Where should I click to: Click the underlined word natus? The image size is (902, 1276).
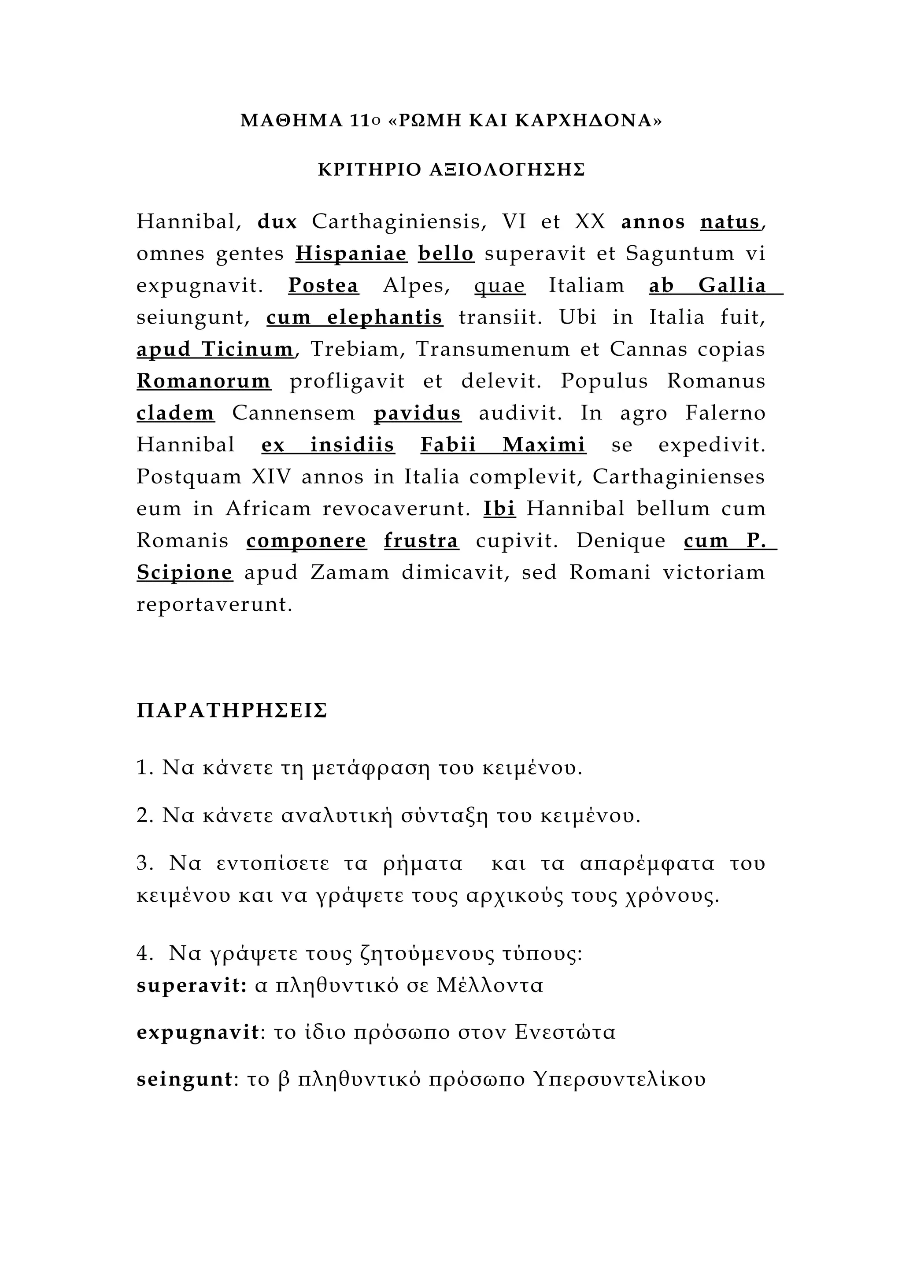tap(730, 222)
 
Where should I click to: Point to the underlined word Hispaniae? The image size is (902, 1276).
tap(351, 254)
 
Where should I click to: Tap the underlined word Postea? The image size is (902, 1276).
tap(323, 286)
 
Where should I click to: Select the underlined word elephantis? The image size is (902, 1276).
tap(384, 317)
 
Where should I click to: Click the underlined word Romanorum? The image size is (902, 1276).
tap(204, 381)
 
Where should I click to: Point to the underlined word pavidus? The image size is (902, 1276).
tap(418, 413)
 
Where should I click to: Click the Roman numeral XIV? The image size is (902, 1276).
tap(271, 477)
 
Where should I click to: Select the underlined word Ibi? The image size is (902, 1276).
tap(499, 509)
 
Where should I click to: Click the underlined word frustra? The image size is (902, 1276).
tap(421, 541)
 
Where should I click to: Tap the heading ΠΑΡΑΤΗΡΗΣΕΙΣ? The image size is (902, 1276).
tap(232, 711)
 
